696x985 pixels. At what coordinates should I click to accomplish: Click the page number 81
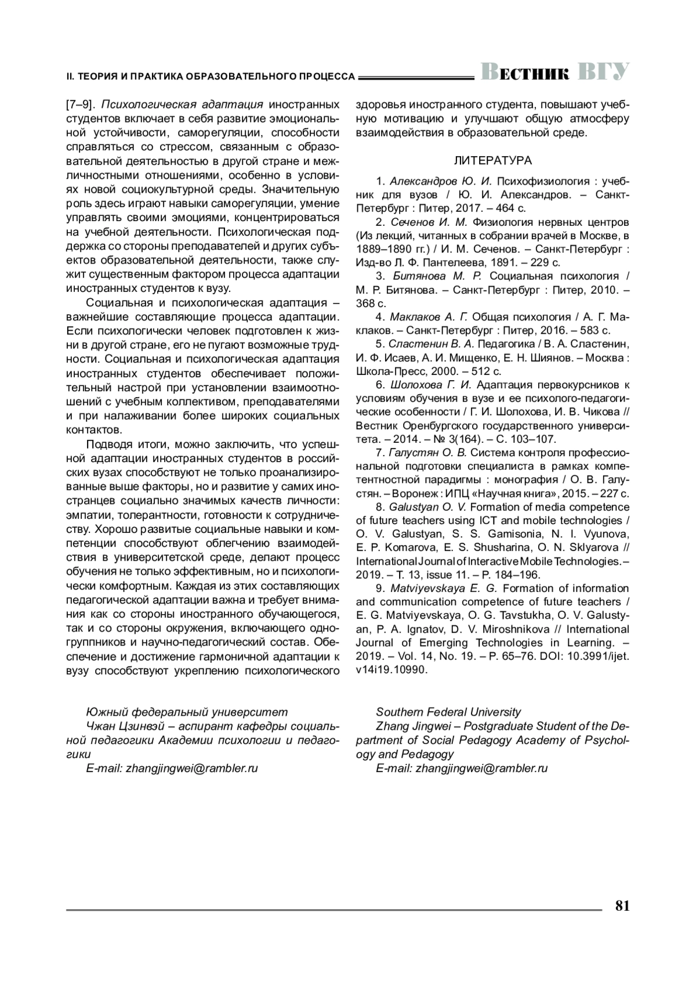pos(622,905)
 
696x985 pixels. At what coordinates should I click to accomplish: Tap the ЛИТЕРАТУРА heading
pos(492,160)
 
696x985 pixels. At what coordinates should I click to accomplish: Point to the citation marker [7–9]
pos(81,105)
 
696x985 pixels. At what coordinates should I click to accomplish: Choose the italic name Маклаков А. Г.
pos(429,317)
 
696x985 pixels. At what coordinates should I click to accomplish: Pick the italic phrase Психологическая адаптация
pos(182,105)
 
